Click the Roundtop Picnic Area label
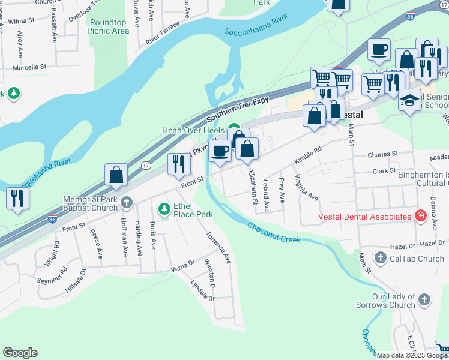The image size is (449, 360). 109,26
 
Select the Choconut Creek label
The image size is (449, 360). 273,232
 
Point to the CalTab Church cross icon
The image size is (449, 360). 379,259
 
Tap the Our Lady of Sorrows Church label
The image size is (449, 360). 393,301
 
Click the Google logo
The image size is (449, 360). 20,353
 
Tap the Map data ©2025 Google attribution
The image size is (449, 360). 412,355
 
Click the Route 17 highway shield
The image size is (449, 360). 146,164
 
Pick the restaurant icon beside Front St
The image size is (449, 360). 178,164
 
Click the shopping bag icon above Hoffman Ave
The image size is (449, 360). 116,175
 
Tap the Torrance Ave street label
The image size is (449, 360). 218,248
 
